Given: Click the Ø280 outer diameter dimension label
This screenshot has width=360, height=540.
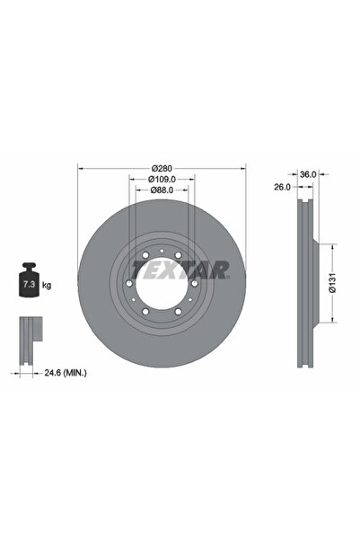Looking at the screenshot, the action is pos(162,168).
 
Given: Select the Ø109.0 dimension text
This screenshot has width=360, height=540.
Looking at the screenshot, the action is pos(162,179).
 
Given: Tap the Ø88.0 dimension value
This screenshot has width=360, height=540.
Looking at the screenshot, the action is pos(162,190).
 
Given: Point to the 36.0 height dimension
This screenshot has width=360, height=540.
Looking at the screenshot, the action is pos(308,174).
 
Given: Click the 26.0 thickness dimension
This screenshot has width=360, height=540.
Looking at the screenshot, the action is pos(282,187).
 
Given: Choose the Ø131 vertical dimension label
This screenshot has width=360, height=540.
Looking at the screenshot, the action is pos(332,283).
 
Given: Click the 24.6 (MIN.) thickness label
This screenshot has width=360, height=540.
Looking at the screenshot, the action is pos(66,373).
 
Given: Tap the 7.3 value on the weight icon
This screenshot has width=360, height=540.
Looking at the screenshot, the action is pos(29,285).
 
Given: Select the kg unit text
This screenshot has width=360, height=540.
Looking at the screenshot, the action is pos(47,285).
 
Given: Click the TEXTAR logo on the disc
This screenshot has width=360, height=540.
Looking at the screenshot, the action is pos(180,270).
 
